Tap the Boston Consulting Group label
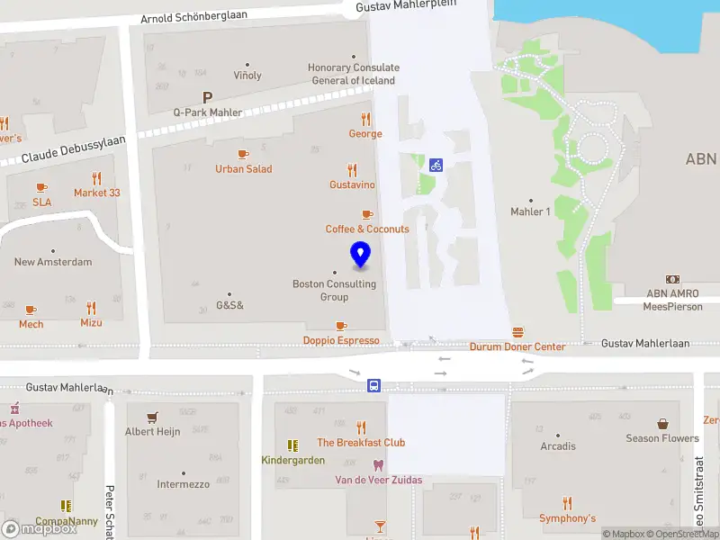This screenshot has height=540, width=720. pyautogui.click(x=334, y=291)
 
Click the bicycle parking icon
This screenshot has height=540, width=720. pyautogui.click(x=436, y=165)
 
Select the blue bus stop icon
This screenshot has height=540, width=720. pyautogui.click(x=373, y=385)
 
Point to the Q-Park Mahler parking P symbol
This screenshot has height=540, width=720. pyautogui.click(x=207, y=97)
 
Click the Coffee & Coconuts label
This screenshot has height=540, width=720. pyautogui.click(x=367, y=229)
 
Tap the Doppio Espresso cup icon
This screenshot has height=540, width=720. pyautogui.click(x=340, y=326)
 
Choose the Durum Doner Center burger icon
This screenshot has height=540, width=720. pyautogui.click(x=517, y=332)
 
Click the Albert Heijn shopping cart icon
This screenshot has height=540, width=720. pyautogui.click(x=152, y=417)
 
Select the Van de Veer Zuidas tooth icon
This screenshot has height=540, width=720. pyautogui.click(x=378, y=465)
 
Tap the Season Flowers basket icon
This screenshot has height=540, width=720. pyautogui.click(x=662, y=423)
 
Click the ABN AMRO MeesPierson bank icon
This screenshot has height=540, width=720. pyautogui.click(x=671, y=279)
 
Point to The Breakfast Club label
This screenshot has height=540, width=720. pyautogui.click(x=361, y=442)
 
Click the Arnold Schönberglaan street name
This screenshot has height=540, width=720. pyautogui.click(x=194, y=19)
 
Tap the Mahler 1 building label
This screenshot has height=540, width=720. pyautogui.click(x=530, y=211)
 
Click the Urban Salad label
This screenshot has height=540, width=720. pyautogui.click(x=243, y=169)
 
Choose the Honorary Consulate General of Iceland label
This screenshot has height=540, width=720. pyautogui.click(x=353, y=74)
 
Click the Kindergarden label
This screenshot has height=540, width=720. pyautogui.click(x=292, y=460)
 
